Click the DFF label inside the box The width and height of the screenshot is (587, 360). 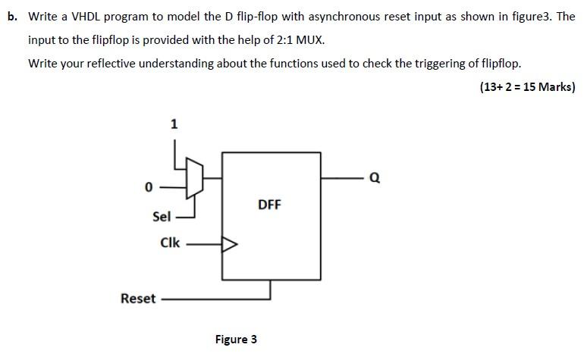coord(269,205)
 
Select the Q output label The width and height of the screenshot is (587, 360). coord(374,179)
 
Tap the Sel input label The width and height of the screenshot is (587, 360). coord(162,217)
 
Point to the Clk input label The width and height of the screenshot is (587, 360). coord(170,243)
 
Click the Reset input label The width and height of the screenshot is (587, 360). coord(138,299)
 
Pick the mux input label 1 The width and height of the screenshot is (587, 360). coord(174,124)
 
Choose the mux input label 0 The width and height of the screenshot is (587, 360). coord(149,186)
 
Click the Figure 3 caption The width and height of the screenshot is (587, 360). coord(236,340)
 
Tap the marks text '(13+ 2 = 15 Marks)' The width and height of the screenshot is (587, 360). coord(527,86)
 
